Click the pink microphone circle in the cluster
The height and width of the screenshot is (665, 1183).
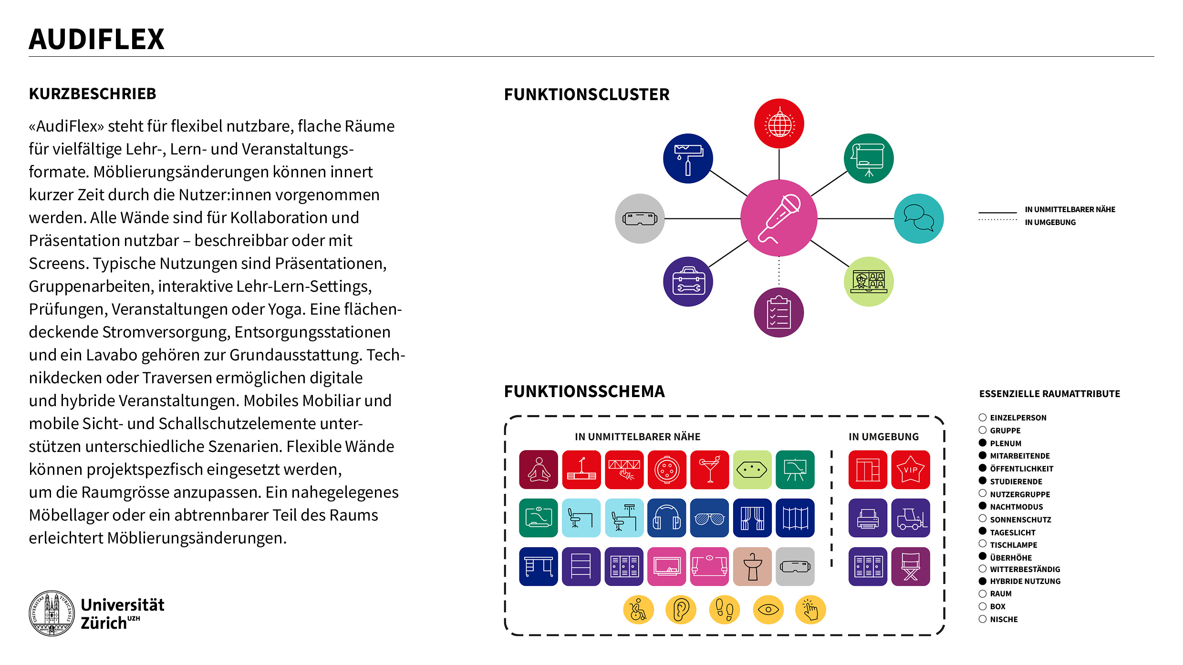click(778, 218)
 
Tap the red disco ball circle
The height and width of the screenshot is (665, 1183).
click(778, 123)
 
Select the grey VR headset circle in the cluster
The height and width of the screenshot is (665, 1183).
click(640, 218)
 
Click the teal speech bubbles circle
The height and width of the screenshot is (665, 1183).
click(918, 218)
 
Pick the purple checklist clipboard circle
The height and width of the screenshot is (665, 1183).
click(778, 312)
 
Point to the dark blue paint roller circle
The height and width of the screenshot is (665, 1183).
click(688, 158)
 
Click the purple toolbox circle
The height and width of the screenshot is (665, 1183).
click(688, 281)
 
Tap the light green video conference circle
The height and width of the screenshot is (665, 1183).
click(869, 281)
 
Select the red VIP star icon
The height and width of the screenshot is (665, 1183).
click(910, 470)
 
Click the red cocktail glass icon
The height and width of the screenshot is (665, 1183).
click(709, 470)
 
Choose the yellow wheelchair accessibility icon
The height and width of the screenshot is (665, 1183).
click(638, 610)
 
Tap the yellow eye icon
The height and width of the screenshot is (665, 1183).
click(768, 610)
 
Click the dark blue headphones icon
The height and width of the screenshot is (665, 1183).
click(666, 518)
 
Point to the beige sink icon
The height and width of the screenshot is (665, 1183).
click(752, 566)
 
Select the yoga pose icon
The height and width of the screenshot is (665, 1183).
click(539, 470)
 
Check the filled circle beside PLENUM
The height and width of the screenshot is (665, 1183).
click(983, 443)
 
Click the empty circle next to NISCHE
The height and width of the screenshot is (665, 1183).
click(983, 619)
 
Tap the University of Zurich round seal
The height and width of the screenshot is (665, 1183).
click(52, 613)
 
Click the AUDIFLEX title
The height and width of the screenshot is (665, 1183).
click(96, 39)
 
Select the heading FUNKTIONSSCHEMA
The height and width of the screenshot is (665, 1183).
click(584, 391)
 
